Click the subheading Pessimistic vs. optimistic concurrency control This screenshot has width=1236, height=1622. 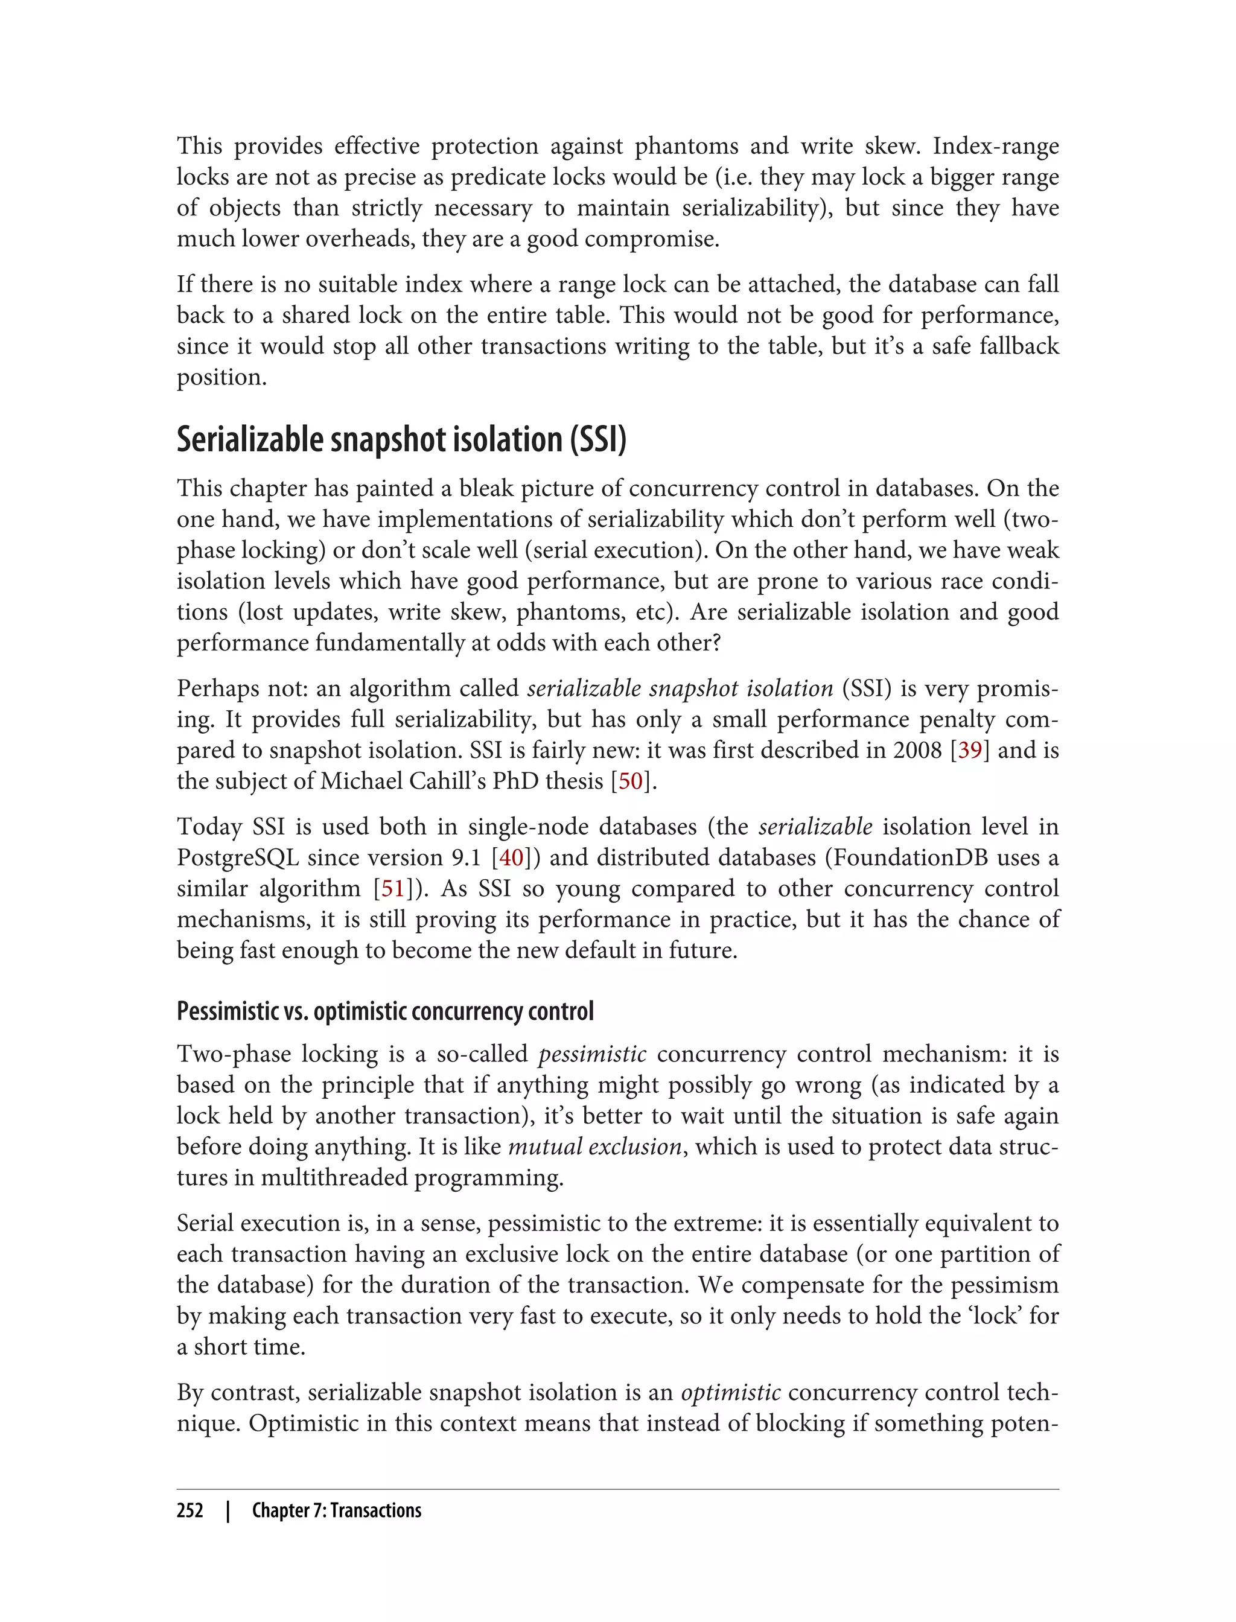tap(385, 1011)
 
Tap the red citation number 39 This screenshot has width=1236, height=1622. tap(970, 750)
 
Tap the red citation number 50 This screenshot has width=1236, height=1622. tap(631, 781)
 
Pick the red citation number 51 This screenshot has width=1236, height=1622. tap(392, 889)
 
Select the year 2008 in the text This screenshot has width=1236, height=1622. tap(917, 750)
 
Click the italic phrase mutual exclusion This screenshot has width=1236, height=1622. tap(594, 1147)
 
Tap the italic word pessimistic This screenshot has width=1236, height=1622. tap(592, 1054)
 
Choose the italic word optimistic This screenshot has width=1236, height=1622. tap(731, 1393)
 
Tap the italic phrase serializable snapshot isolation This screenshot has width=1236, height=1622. tap(680, 689)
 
